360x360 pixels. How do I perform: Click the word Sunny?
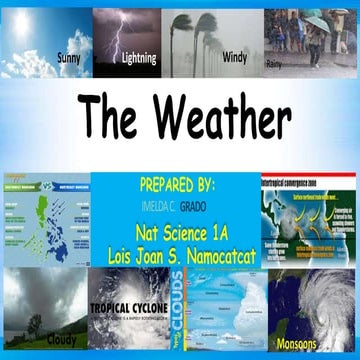click(69, 57)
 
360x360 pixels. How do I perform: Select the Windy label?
click(234, 57)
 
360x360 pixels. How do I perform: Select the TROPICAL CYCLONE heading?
click(131, 308)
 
